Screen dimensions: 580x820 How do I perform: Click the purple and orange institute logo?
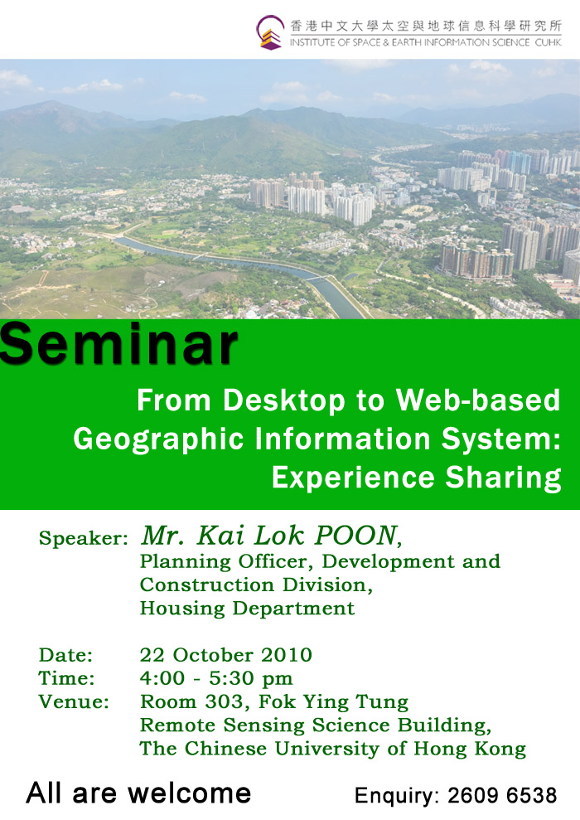coord(270,32)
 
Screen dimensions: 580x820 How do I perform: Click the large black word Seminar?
coord(118,345)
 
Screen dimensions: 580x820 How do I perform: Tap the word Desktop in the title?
coord(284,401)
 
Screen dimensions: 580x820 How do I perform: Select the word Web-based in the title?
coord(477,400)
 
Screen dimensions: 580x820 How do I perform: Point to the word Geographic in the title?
coord(158,439)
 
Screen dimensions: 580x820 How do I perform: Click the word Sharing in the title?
coord(503,478)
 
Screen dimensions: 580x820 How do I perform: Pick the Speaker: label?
coord(84,539)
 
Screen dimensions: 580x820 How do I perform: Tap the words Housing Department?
coord(247,609)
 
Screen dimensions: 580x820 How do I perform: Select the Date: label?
coord(65,655)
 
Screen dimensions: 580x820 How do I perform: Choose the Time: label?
coord(66,678)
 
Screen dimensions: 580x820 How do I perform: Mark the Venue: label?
coord(74,701)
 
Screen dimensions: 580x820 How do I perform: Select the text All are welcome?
coord(138,793)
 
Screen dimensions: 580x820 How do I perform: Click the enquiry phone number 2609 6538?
coord(502,795)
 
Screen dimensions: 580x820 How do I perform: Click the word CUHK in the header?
coord(549,42)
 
